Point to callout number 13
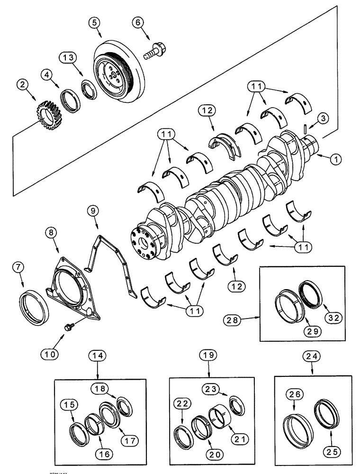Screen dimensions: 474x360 click(67, 57)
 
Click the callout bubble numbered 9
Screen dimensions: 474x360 click(92, 209)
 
